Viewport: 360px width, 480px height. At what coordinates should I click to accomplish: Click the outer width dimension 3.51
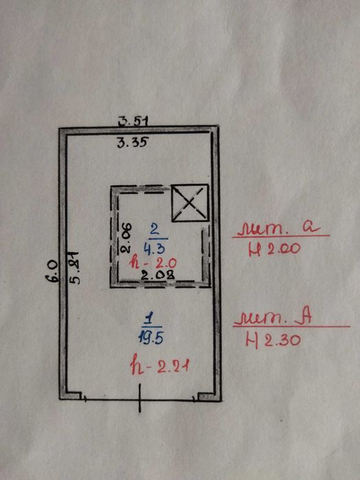click(134, 122)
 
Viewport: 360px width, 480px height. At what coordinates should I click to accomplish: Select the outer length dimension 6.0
click(52, 271)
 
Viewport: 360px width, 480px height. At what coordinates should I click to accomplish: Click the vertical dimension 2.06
click(126, 238)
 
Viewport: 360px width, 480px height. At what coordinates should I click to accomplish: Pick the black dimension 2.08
click(158, 275)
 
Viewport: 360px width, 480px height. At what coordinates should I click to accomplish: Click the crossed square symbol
click(190, 203)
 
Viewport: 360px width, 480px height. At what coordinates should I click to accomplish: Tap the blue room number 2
click(156, 229)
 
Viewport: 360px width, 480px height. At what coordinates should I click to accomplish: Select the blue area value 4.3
click(155, 249)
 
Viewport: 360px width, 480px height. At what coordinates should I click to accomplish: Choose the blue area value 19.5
click(150, 338)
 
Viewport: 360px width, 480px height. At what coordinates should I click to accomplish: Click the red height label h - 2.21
click(159, 366)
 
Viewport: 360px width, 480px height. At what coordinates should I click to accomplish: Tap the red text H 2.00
click(275, 249)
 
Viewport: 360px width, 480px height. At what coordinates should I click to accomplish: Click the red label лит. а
click(280, 227)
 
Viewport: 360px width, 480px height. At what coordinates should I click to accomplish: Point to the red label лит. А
click(273, 318)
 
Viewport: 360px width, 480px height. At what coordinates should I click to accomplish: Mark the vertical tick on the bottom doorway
click(139, 398)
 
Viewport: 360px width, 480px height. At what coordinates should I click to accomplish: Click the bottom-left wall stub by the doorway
click(74, 396)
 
